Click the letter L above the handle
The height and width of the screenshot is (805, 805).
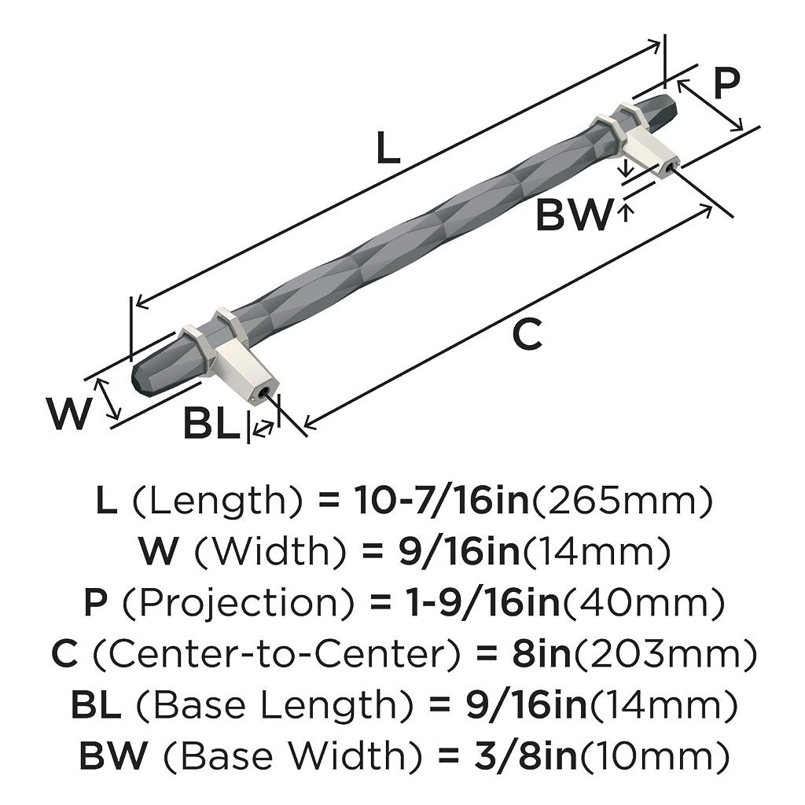pos(388,148)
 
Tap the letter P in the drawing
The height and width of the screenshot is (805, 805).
pos(727,83)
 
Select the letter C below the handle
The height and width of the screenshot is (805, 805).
pos(527,336)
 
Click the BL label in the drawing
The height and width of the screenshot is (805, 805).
pos(211,425)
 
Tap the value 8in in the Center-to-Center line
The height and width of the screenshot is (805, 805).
pos(541,655)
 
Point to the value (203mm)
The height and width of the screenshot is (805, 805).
pos(664,655)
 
